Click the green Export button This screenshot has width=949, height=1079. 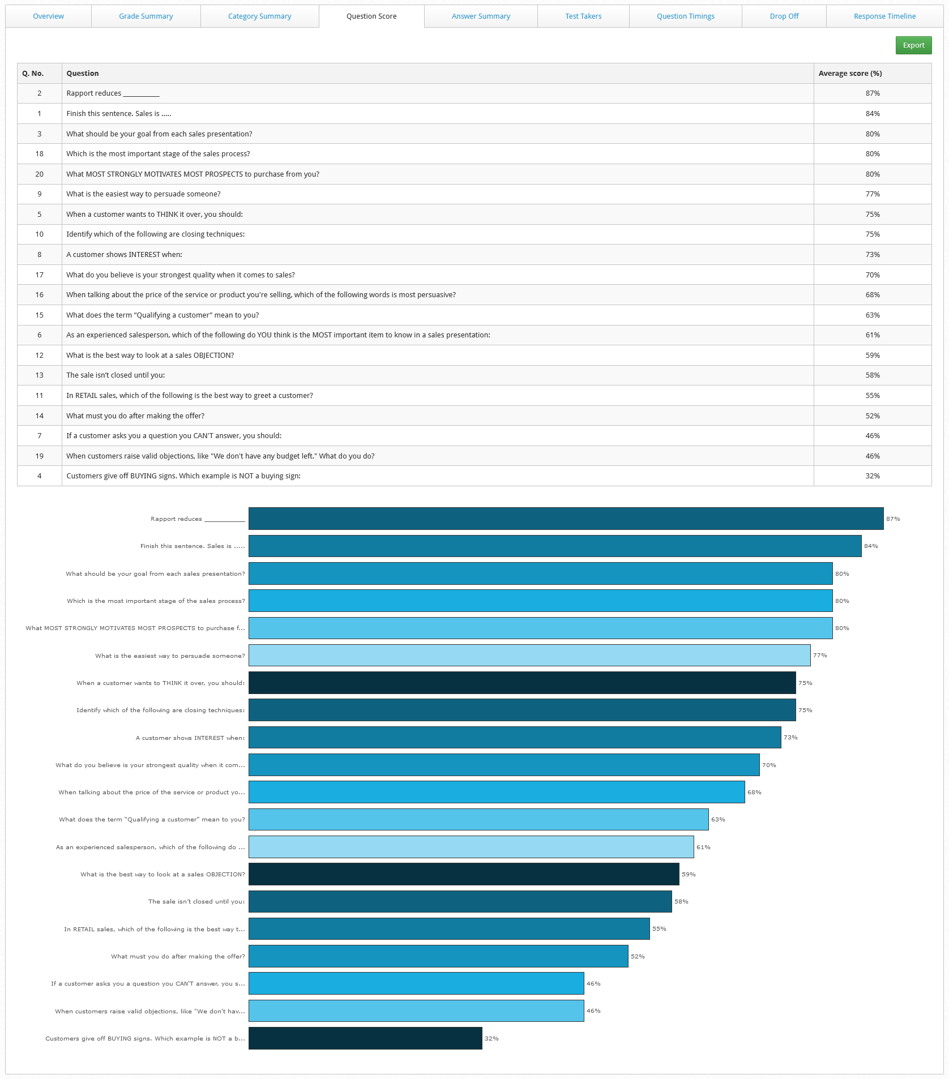pos(913,45)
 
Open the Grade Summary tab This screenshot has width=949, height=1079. pos(146,16)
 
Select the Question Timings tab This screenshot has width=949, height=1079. pos(685,16)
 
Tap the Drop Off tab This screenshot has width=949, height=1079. pos(784,16)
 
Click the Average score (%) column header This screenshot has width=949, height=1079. pos(850,74)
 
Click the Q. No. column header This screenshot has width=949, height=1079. pos(33,74)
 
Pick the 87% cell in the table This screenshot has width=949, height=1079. pos(872,93)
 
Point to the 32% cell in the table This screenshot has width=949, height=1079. pos(872,476)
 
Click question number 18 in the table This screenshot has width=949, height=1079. pos(39,154)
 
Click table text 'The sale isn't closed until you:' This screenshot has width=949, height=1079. pos(116,375)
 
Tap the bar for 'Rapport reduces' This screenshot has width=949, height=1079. pos(566,519)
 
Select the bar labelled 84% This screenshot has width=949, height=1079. pos(554,546)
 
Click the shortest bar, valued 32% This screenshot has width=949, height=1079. pos(365,1038)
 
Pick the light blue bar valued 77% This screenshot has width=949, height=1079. pos(529,656)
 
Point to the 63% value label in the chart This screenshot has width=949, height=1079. pos(718,820)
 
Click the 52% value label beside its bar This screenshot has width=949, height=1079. pos(638,957)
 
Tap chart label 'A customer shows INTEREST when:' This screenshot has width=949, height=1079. pos(190,738)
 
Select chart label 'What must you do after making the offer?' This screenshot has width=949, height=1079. pos(178,957)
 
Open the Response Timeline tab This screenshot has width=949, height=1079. pos(884,16)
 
